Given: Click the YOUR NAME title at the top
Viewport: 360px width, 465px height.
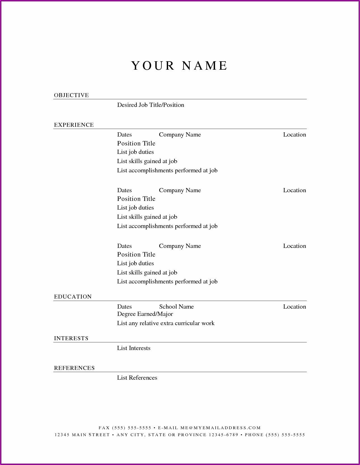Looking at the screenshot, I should point(180,66).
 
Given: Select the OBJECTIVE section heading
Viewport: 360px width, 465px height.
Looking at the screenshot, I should point(71,95).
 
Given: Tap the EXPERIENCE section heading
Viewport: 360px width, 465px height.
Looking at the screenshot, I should point(74,125).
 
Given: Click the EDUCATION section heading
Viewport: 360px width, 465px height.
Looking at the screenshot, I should point(73,297).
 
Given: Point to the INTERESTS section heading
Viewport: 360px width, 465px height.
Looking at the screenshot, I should point(71,338).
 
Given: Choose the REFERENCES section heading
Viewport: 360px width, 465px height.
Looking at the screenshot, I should point(74,368).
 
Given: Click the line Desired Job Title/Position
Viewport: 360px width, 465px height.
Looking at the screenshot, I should point(150,105).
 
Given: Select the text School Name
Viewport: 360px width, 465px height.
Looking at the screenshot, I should point(176,307).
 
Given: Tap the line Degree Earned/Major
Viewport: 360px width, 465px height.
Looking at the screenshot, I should point(145,314).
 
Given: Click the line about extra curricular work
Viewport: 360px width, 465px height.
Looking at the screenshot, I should point(166,323).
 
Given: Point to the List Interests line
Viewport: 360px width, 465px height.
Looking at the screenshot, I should point(134,348).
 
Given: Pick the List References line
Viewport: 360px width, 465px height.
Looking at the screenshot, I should point(137,378).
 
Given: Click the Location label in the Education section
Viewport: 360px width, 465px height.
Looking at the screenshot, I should point(295,307).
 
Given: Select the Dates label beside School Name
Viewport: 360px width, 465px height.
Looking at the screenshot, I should point(124,307).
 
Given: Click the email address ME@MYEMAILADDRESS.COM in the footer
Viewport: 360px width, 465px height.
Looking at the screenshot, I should point(220,428).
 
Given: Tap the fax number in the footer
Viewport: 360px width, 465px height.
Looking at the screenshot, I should point(131,428).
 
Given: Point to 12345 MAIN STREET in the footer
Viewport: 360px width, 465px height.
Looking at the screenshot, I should point(82,435).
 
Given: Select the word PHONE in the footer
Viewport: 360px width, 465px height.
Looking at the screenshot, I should point(254,435).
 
